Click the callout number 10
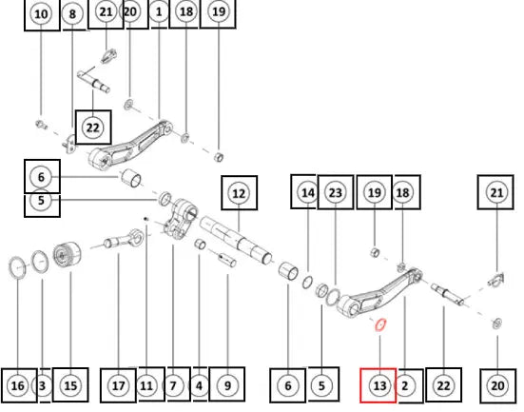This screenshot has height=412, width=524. [41, 14]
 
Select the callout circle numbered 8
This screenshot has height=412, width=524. [72, 14]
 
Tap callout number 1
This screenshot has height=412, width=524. [159, 12]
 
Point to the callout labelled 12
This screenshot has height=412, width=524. [239, 193]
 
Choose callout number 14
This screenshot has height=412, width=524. [308, 192]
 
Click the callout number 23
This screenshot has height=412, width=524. [336, 192]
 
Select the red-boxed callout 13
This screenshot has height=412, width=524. [379, 386]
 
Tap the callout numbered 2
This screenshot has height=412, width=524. [405, 386]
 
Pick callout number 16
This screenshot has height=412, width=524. [18, 386]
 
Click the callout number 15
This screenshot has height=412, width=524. [70, 386]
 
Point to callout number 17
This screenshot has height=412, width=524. [118, 386]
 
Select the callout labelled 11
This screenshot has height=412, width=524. [146, 386]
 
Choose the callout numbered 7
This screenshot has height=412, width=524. [173, 386]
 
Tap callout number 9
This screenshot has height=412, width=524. [227, 386]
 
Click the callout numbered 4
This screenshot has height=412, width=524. [199, 386]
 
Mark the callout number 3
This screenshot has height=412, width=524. [42, 386]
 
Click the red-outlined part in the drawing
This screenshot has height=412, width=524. [380, 324]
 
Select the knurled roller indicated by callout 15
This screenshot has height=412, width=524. [68, 255]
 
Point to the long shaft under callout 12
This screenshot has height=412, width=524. [236, 240]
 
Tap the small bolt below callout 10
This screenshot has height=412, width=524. [41, 125]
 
